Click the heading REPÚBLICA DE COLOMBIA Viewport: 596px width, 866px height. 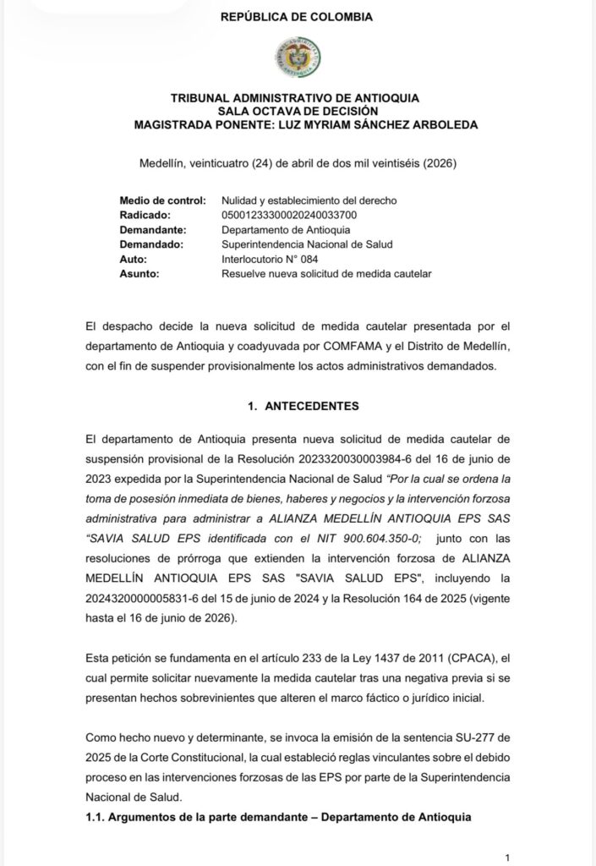click(x=297, y=16)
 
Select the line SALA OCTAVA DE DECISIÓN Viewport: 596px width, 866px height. click(x=297, y=111)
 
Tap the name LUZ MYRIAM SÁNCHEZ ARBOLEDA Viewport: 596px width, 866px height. click(x=371, y=124)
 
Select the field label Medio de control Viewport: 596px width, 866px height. click(x=163, y=200)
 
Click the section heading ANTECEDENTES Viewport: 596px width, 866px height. click(x=312, y=406)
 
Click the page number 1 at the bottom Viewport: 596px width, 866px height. click(x=506, y=857)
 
